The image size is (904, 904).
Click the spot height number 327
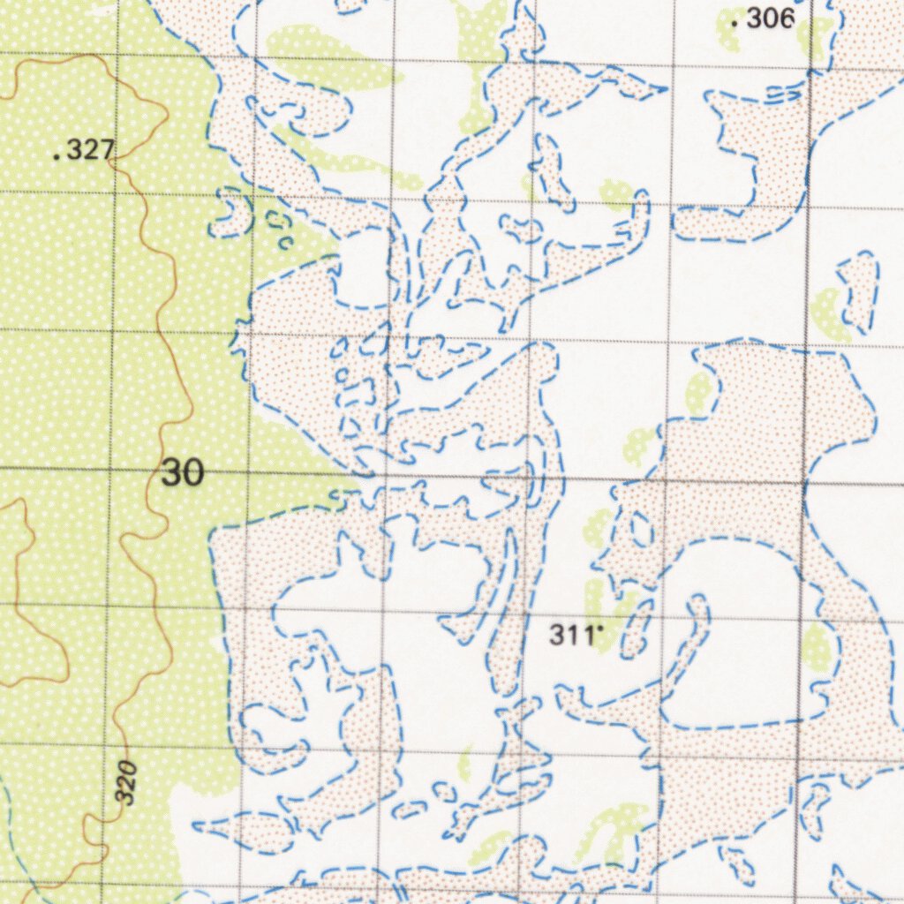(89, 151)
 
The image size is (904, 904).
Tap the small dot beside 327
(56, 156)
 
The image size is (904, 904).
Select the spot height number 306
(771, 19)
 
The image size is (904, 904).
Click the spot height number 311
(570, 634)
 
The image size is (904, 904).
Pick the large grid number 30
(183, 473)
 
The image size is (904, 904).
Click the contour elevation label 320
(127, 782)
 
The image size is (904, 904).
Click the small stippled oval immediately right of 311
(635, 629)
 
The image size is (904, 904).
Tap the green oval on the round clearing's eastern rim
(817, 649)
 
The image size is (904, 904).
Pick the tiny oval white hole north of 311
(642, 530)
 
